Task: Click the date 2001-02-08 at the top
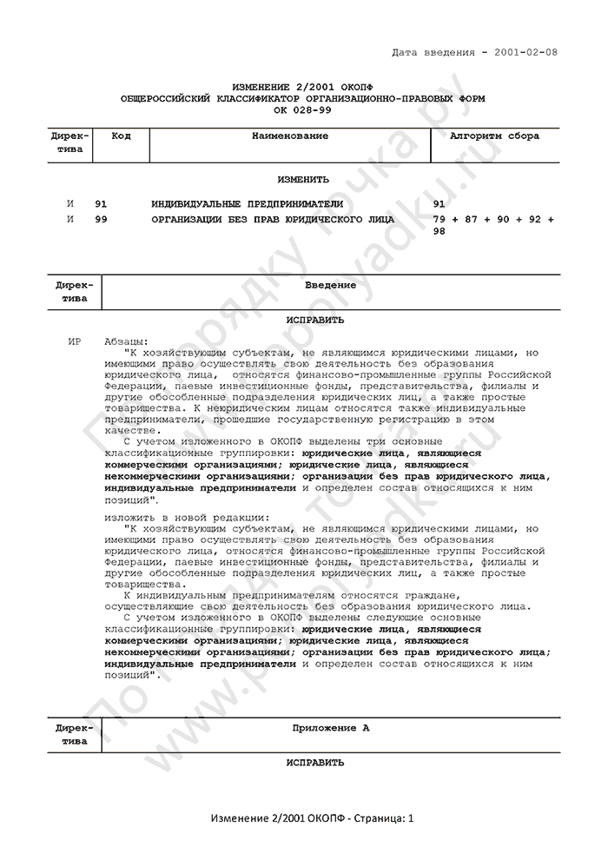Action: pos(525,53)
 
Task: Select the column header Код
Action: pos(122,136)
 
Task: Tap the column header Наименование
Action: pos(290,136)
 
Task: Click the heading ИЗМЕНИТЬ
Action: pos(303,180)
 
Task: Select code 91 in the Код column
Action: pos(101,203)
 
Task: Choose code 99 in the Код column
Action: pos(101,220)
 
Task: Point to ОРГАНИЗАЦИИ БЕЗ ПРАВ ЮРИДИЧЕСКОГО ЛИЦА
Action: pos(273,220)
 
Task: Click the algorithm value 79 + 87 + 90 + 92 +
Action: pos(492,220)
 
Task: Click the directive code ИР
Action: pos(74,341)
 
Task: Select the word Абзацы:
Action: pos(126,341)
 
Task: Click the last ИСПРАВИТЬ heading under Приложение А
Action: pos(303,762)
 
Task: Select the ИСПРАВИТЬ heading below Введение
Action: pos(303,320)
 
